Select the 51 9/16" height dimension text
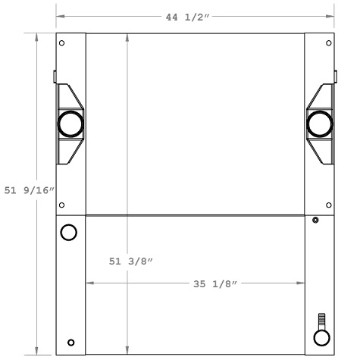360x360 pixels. pyautogui.click(x=30, y=191)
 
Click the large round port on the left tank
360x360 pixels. pyautogui.click(x=70, y=122)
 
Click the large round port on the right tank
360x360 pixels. pyautogui.click(x=319, y=122)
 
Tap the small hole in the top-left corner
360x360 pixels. pyautogui.click(x=61, y=42)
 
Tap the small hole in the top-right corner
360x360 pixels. pyautogui.click(x=327, y=43)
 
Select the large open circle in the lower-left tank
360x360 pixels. pyautogui.click(x=68, y=232)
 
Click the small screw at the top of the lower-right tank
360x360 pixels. pyautogui.click(x=315, y=221)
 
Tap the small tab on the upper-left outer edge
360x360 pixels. pyautogui.click(x=55, y=77)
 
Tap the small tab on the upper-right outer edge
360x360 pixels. pyautogui.click(x=335, y=77)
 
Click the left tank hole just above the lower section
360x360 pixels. pyautogui.click(x=61, y=205)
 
